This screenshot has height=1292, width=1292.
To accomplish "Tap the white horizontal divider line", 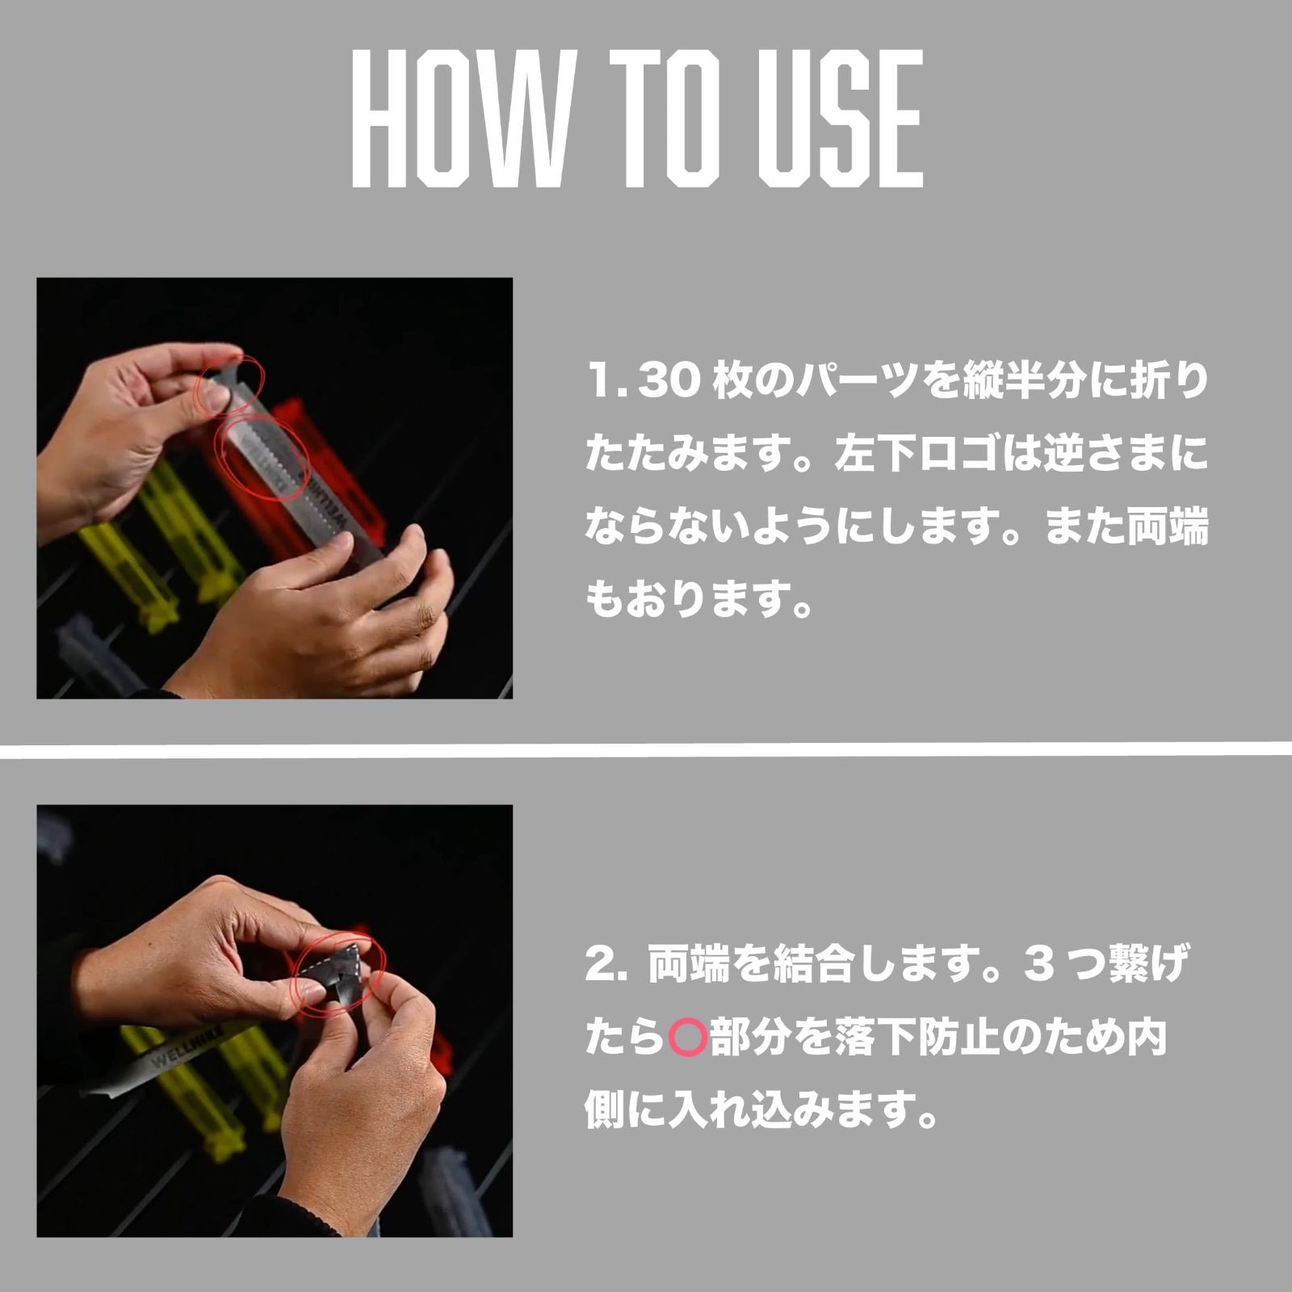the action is (646, 750).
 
